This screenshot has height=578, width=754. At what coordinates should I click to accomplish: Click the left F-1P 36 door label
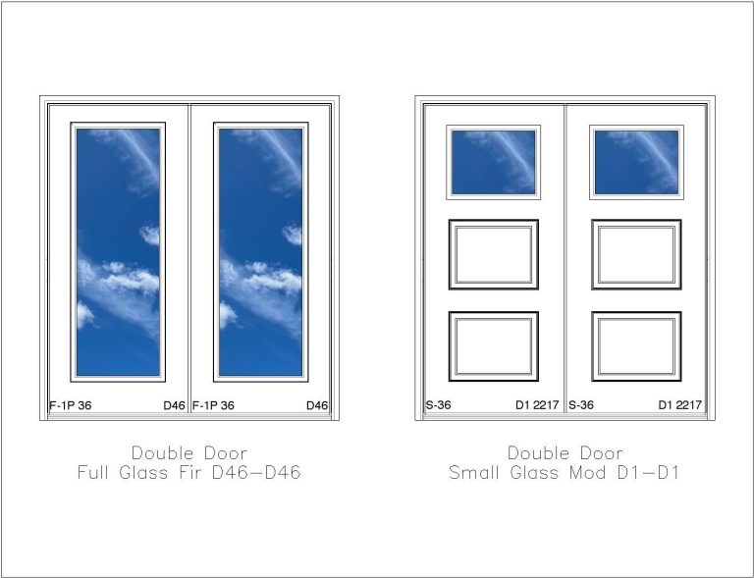(71, 405)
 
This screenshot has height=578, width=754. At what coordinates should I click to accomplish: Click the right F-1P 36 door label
(213, 405)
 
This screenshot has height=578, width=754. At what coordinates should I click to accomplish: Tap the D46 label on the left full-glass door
(174, 405)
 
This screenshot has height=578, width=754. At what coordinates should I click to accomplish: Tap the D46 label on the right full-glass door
(317, 405)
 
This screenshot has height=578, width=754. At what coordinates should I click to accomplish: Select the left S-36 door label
(438, 405)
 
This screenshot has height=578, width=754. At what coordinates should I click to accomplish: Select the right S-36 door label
(581, 405)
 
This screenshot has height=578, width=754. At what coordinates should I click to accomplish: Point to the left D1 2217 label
(537, 405)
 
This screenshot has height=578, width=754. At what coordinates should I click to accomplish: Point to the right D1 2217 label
(680, 405)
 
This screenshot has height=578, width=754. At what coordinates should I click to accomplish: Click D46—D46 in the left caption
(256, 472)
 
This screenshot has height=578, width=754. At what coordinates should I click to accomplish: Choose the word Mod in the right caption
(588, 473)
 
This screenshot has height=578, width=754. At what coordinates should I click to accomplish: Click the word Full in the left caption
(93, 472)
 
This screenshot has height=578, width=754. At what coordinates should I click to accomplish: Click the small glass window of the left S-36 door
(494, 162)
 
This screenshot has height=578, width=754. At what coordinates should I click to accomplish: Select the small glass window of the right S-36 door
(636, 162)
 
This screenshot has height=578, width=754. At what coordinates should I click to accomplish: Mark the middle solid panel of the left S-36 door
(494, 254)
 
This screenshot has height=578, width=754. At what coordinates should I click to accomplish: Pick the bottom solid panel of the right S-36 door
(636, 346)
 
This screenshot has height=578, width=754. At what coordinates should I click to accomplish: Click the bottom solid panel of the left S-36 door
(494, 346)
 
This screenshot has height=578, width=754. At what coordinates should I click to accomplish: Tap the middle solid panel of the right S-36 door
(636, 254)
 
